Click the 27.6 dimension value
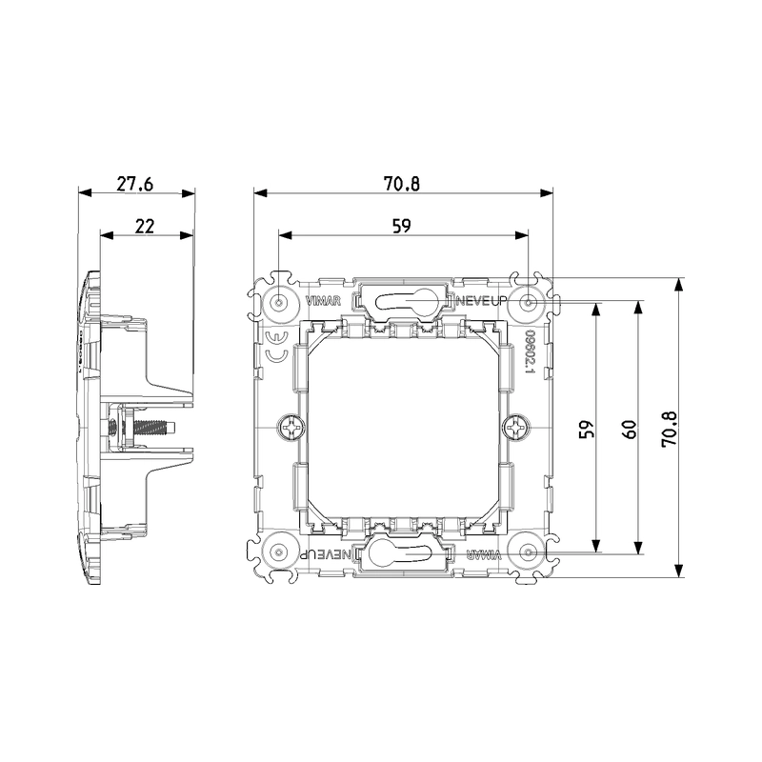tap(136, 183)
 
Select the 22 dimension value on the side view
tap(146, 226)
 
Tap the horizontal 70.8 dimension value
tap(402, 183)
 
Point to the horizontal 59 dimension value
tap(402, 226)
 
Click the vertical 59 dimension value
tap(587, 429)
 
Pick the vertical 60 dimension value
tap(629, 429)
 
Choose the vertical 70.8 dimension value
tap(670, 429)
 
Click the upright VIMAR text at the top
tap(321, 303)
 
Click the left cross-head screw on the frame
tap(288, 429)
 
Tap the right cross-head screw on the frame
tap(517, 429)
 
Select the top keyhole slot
tap(404, 303)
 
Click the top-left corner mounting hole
tap(278, 304)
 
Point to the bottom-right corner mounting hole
tap(529, 552)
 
